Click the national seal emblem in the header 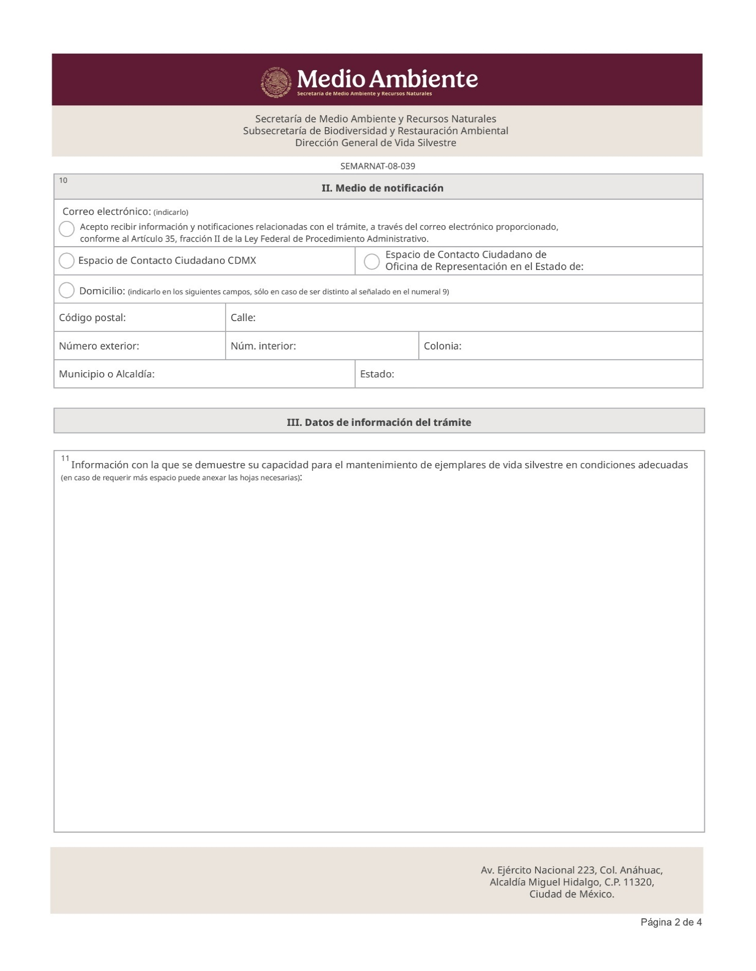[x=276, y=82]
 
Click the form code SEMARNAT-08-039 [x=377, y=166]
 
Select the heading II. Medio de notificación [x=382, y=188]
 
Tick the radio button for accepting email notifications [x=67, y=229]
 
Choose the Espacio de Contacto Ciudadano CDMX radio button [x=67, y=261]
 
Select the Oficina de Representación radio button [x=371, y=261]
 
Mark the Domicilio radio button [x=67, y=291]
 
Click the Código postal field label [x=92, y=317]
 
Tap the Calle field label [x=243, y=317]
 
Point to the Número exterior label [x=99, y=346]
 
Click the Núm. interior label [x=263, y=346]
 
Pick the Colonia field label [x=443, y=346]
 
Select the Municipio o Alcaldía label [x=107, y=374]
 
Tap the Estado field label [x=377, y=374]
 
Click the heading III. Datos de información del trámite [x=379, y=422]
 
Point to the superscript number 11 [x=65, y=458]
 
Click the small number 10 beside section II [x=63, y=180]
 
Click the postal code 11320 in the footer [x=639, y=882]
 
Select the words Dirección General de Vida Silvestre [x=375, y=143]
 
